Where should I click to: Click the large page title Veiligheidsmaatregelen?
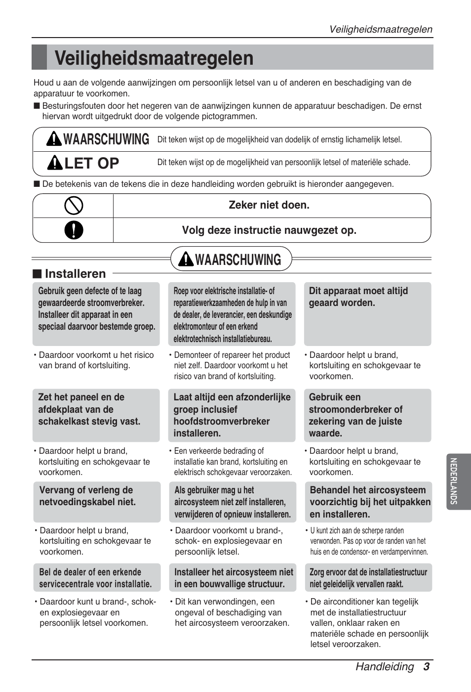click(x=154, y=58)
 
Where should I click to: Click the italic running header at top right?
click(x=381, y=29)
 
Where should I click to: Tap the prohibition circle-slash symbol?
click(x=74, y=206)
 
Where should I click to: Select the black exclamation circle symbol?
click(x=74, y=230)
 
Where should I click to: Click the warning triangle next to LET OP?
click(x=54, y=163)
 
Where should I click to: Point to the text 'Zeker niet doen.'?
click(x=269, y=205)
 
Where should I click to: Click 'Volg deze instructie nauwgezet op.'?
click(x=269, y=230)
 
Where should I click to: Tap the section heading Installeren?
click(x=75, y=274)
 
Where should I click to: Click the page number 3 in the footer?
click(x=426, y=666)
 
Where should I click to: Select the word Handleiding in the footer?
click(x=385, y=666)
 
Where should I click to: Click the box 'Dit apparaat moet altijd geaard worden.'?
click(x=367, y=313)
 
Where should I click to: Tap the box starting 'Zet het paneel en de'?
click(x=96, y=415)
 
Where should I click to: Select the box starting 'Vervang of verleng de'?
click(x=97, y=502)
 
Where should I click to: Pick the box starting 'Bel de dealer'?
click(x=97, y=577)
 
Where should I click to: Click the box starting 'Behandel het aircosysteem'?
click(x=368, y=502)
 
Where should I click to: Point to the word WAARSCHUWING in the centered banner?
click(x=238, y=259)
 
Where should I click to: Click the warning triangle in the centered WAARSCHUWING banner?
click(x=186, y=259)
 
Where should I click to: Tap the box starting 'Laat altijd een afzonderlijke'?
click(x=232, y=415)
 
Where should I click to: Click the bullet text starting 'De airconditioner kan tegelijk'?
click(x=368, y=623)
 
